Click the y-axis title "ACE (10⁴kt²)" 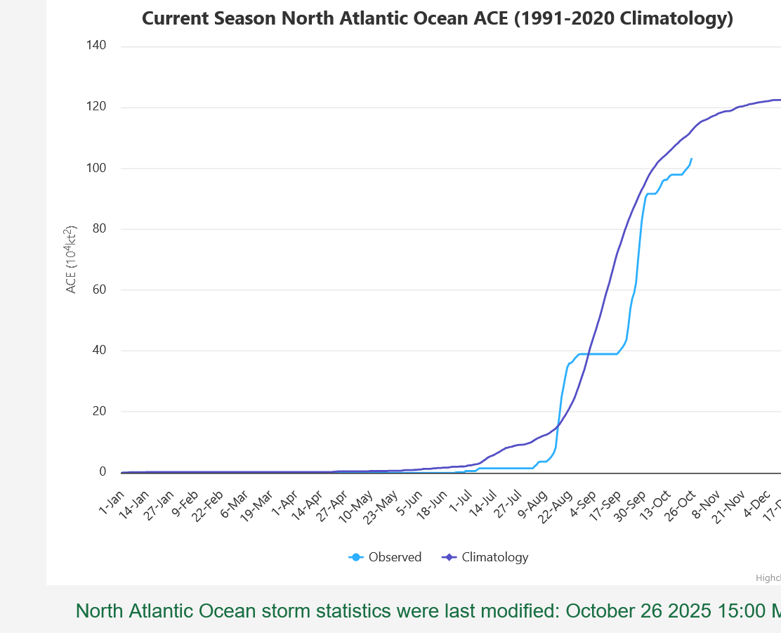click(72, 260)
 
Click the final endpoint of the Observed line click(691, 159)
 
